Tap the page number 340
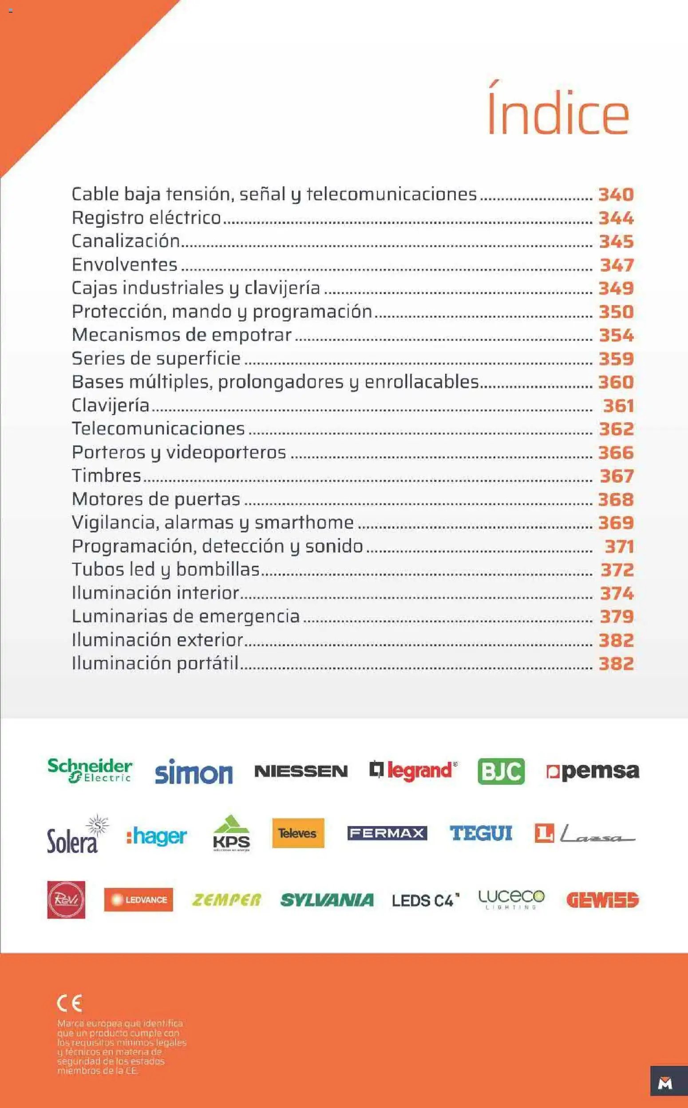point(616,194)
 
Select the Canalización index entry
point(126,241)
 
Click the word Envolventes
point(125,265)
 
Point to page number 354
point(616,335)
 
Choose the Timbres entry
point(107,475)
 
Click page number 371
point(619,546)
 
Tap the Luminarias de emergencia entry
point(186,616)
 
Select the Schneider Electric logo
point(90,770)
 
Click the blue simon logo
point(194,772)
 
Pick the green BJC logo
point(501,771)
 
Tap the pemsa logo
point(593,771)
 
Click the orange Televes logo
point(298,833)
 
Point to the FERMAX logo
point(387,833)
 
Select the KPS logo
point(231,833)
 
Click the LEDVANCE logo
point(138,900)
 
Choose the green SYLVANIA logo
point(327,900)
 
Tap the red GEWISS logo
point(602,900)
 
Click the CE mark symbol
point(69,1003)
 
